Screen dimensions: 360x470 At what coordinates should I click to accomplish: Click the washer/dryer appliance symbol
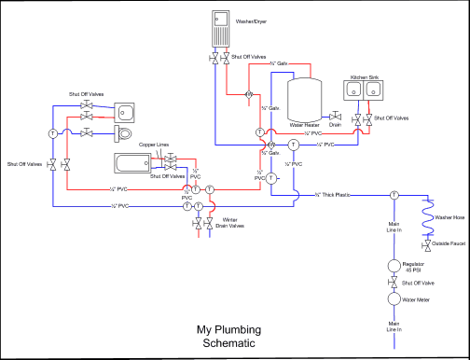coord(221,28)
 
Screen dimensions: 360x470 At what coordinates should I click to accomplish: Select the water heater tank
coord(305,99)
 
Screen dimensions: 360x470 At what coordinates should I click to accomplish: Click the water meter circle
coord(394,300)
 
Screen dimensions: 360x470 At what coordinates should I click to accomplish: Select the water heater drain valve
coord(336,117)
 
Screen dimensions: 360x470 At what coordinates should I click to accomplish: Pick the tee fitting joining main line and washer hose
coord(394,195)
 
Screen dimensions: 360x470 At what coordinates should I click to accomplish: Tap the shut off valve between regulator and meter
coord(394,282)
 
